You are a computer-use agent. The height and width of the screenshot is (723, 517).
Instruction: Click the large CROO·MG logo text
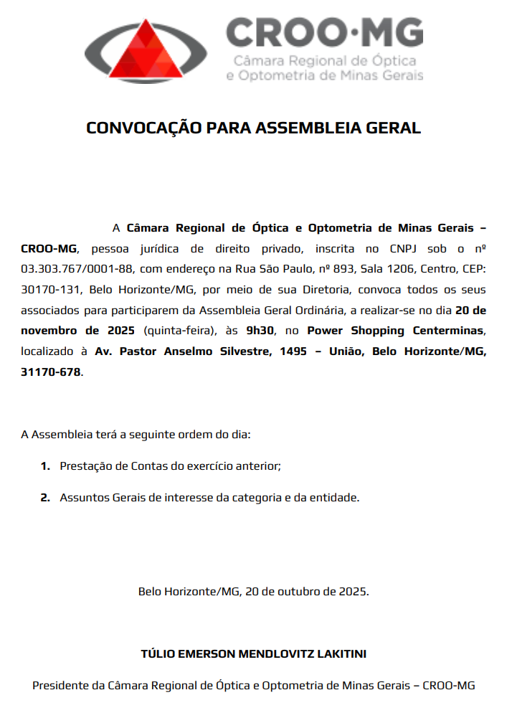click(324, 32)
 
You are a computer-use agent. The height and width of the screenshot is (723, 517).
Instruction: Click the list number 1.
click(44, 466)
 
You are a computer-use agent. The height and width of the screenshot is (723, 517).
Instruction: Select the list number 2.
click(44, 497)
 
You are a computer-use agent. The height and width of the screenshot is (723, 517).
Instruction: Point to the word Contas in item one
click(149, 466)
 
